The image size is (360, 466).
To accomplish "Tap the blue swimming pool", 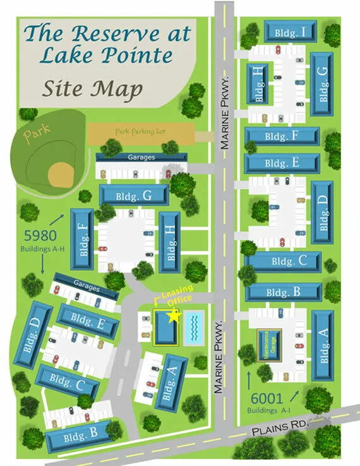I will coord(195,328).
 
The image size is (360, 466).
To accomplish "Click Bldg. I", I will coord(290,31).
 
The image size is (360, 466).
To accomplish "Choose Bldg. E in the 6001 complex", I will coord(282,164).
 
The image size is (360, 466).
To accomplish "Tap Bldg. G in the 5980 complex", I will coord(135,196).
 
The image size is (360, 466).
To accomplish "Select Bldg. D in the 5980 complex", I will coord(33,335).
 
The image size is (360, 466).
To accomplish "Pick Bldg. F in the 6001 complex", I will coord(282,136).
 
